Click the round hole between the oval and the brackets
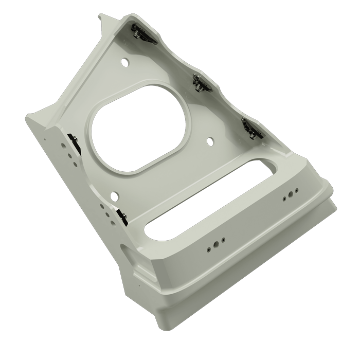(x=209, y=140)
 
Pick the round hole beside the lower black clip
(x=114, y=195)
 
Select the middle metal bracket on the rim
(x=201, y=82)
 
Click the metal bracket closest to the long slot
(x=252, y=128)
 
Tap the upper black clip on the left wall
(x=74, y=141)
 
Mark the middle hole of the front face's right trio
(x=291, y=195)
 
